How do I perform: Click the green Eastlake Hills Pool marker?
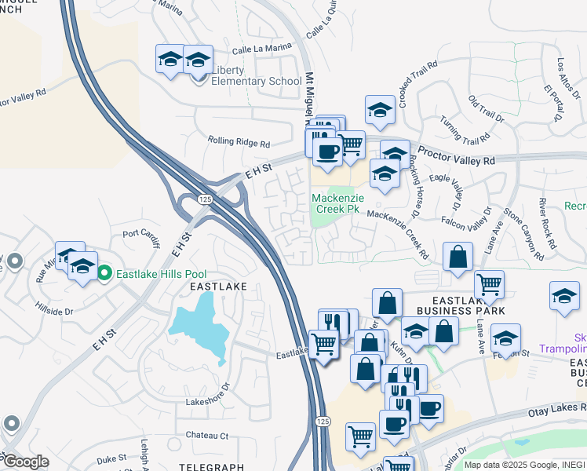105,273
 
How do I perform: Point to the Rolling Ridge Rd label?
239,144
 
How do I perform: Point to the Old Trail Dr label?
486,108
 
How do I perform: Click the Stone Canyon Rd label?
523,232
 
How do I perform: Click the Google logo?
25,462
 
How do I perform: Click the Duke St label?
111,458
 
